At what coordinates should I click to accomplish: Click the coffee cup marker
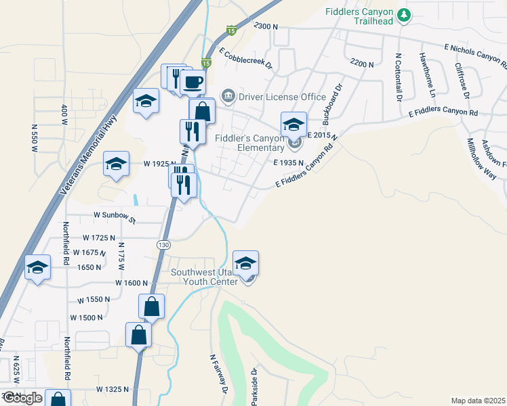[x=192, y=83]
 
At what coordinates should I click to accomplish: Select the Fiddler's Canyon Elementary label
[x=249, y=143]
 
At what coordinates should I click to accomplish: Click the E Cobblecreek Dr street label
[x=245, y=58]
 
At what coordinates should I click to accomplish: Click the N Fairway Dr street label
[x=217, y=375]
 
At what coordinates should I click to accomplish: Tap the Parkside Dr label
[x=254, y=386]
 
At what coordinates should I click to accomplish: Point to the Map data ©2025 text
[x=478, y=401]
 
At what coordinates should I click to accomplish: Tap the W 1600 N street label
[x=131, y=282]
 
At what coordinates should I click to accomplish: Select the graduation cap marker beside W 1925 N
[x=116, y=164]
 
